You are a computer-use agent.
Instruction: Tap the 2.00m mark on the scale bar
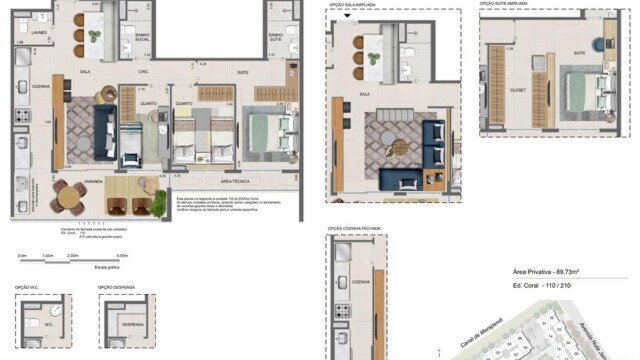[73, 256]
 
